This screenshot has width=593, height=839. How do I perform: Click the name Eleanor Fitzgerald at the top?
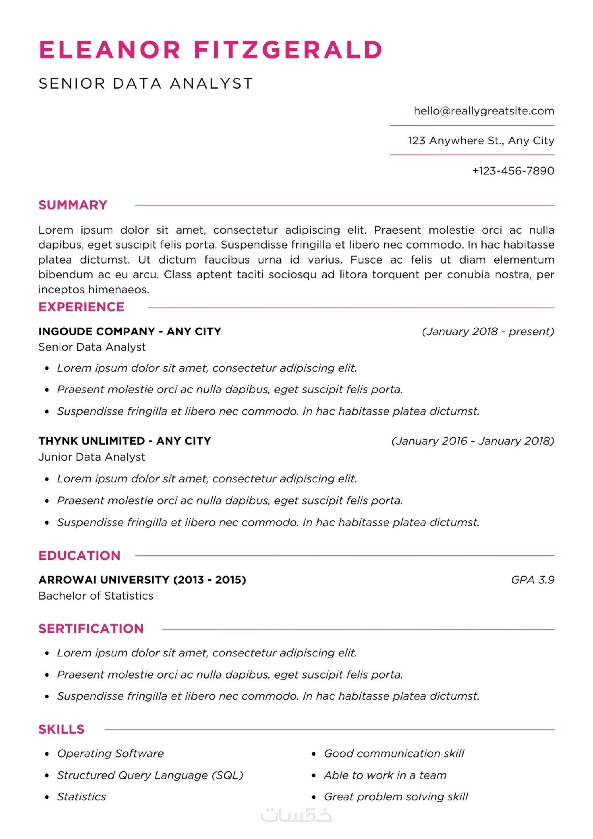point(210,50)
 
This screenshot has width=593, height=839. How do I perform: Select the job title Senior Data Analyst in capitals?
point(145,84)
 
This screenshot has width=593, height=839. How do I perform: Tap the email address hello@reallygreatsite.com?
point(483,111)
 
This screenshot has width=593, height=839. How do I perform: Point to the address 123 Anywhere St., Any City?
point(481,141)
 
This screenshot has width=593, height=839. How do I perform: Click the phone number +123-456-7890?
point(513,171)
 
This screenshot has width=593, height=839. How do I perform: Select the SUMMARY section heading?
point(73,205)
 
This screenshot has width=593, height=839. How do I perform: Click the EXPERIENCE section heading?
point(81,307)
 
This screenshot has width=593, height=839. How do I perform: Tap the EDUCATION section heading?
point(79,556)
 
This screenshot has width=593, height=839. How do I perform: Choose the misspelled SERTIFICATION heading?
point(91,629)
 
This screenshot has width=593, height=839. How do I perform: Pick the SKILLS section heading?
point(61,729)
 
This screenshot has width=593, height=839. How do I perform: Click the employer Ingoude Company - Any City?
point(130,332)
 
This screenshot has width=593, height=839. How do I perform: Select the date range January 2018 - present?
point(488,332)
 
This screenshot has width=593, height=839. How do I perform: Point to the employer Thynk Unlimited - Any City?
point(125,441)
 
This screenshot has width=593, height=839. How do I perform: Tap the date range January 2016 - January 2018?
point(473,441)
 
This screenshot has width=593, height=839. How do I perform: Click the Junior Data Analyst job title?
point(92,457)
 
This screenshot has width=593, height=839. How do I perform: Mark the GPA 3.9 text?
point(532,580)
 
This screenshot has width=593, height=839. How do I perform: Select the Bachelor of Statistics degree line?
point(96,596)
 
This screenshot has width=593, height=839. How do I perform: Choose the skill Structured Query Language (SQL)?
point(150,775)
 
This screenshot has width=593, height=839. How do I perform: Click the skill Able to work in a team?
point(385,775)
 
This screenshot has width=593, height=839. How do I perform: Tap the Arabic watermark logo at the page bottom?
point(296,815)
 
